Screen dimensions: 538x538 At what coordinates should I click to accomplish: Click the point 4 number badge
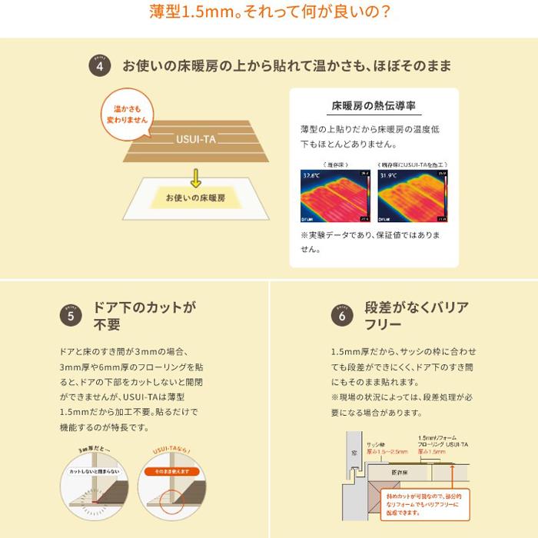tap(100, 67)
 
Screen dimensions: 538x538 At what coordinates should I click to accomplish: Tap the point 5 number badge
tap(71, 315)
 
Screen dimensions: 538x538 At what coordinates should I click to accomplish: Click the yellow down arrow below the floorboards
tap(196, 179)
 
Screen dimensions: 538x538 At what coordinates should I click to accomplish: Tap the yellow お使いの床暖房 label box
tap(195, 198)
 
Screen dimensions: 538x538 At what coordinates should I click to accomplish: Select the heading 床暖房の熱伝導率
tap(374, 105)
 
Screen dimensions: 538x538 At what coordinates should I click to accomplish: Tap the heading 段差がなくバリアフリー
tap(416, 316)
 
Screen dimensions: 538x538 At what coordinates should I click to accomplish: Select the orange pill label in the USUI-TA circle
tap(170, 470)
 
